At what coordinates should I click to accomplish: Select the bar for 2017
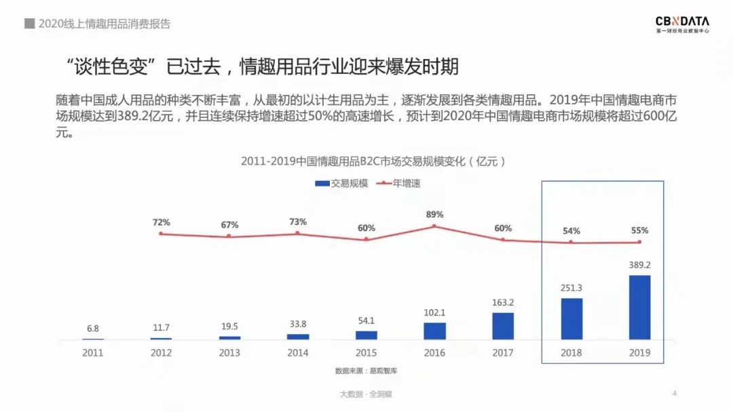[503, 325]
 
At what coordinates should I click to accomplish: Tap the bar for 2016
[434, 331]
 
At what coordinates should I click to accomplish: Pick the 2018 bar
[571, 318]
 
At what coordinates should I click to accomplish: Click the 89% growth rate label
[434, 215]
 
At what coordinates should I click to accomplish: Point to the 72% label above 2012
[162, 222]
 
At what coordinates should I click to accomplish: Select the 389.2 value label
[639, 265]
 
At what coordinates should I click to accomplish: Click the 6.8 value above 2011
[93, 329]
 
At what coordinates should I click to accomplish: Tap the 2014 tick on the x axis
[298, 353]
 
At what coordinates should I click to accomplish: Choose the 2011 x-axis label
[93, 353]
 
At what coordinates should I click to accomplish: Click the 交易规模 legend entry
[342, 183]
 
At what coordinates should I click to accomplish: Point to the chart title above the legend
[373, 161]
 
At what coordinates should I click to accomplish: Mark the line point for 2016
[434, 226]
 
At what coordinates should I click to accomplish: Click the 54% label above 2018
[571, 231]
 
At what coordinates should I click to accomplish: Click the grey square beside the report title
[29, 24]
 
